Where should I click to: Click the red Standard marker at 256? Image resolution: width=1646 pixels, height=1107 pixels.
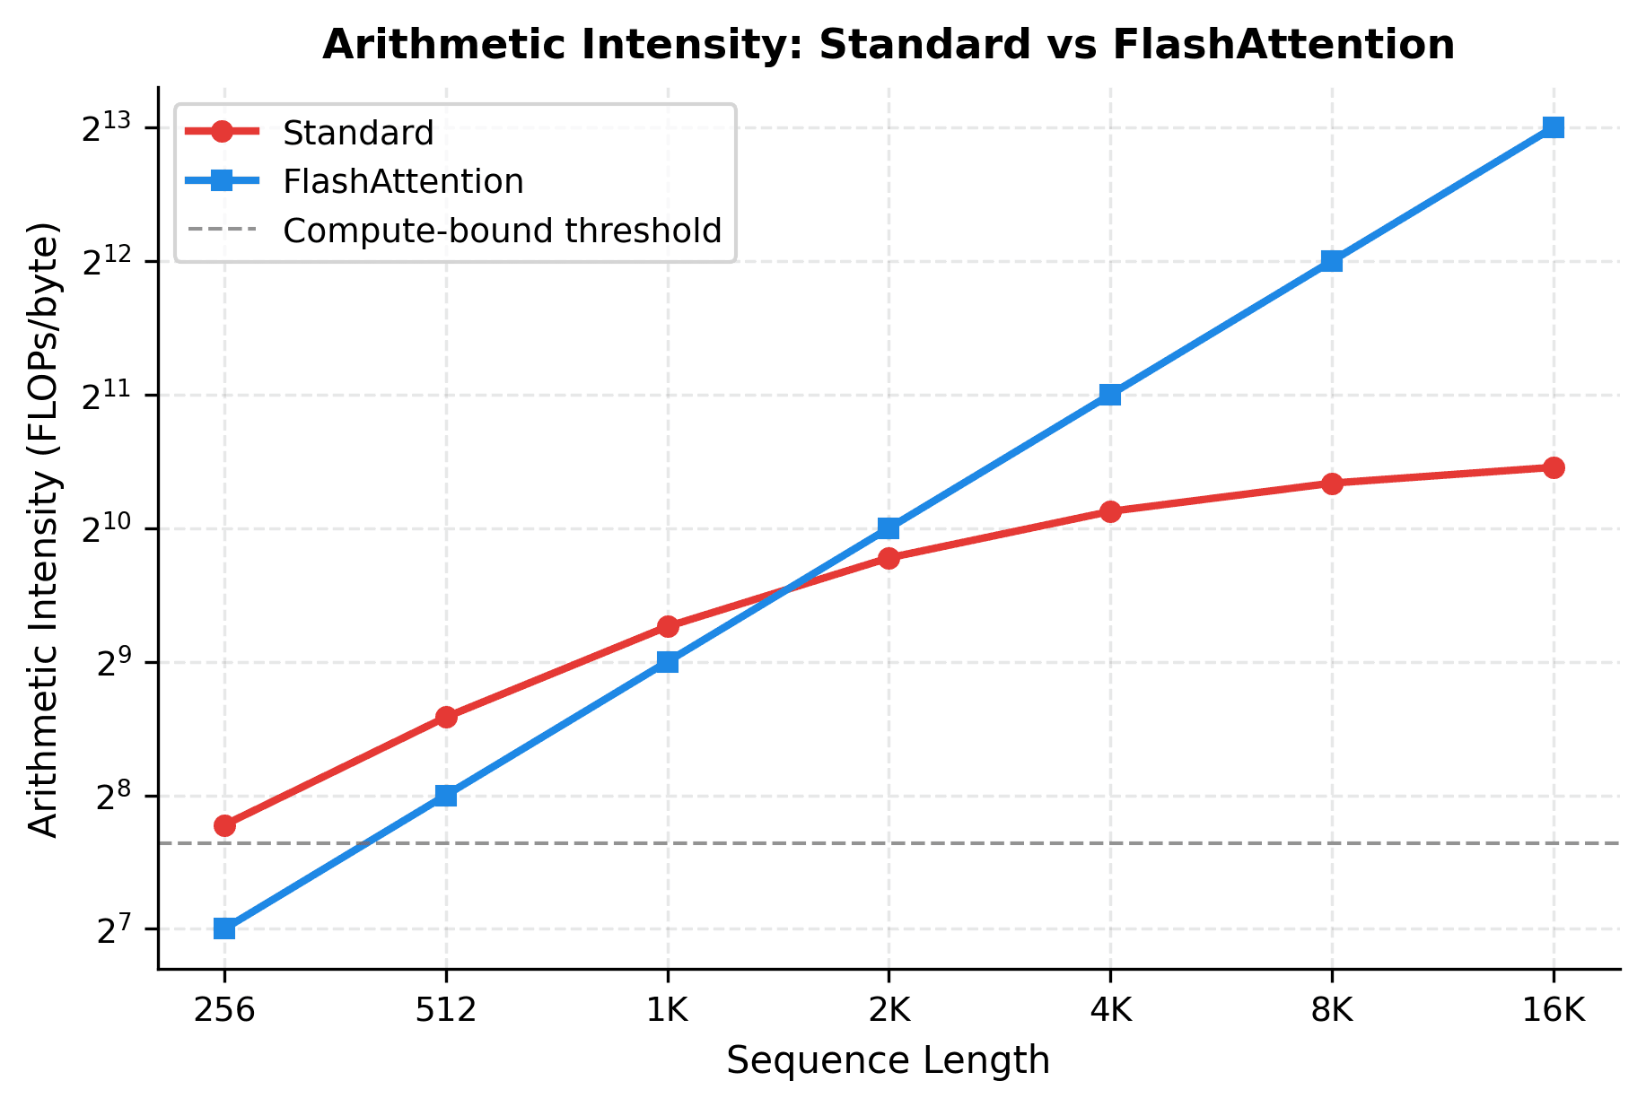pyautogui.click(x=224, y=825)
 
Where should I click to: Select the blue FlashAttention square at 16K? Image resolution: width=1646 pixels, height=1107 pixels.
pyautogui.click(x=1554, y=127)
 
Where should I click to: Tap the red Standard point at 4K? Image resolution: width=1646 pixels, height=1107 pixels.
pyautogui.click(x=1110, y=511)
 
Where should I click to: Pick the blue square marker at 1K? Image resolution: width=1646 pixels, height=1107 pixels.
pyautogui.click(x=668, y=662)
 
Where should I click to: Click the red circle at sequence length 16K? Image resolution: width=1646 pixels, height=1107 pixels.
pyautogui.click(x=1554, y=467)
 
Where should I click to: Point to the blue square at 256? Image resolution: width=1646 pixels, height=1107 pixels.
pyautogui.click(x=224, y=928)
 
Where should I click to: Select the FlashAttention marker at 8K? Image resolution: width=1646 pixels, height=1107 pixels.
pyautogui.click(x=1332, y=261)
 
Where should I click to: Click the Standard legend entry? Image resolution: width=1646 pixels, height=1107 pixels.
pyautogui.click(x=357, y=133)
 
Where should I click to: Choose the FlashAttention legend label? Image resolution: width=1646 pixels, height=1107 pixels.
pyautogui.click(x=402, y=181)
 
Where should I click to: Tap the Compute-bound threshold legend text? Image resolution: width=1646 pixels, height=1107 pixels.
pyautogui.click(x=502, y=231)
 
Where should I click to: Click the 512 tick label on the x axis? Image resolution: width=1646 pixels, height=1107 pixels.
pyautogui.click(x=446, y=1011)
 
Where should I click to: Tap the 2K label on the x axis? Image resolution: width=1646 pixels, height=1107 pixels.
pyautogui.click(x=889, y=1011)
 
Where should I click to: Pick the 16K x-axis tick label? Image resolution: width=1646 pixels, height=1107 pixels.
pyautogui.click(x=1554, y=1011)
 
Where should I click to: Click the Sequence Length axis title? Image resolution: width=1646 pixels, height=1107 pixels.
pyautogui.click(x=888, y=1060)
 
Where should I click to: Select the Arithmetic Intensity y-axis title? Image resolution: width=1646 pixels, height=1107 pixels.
pyautogui.click(x=43, y=529)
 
